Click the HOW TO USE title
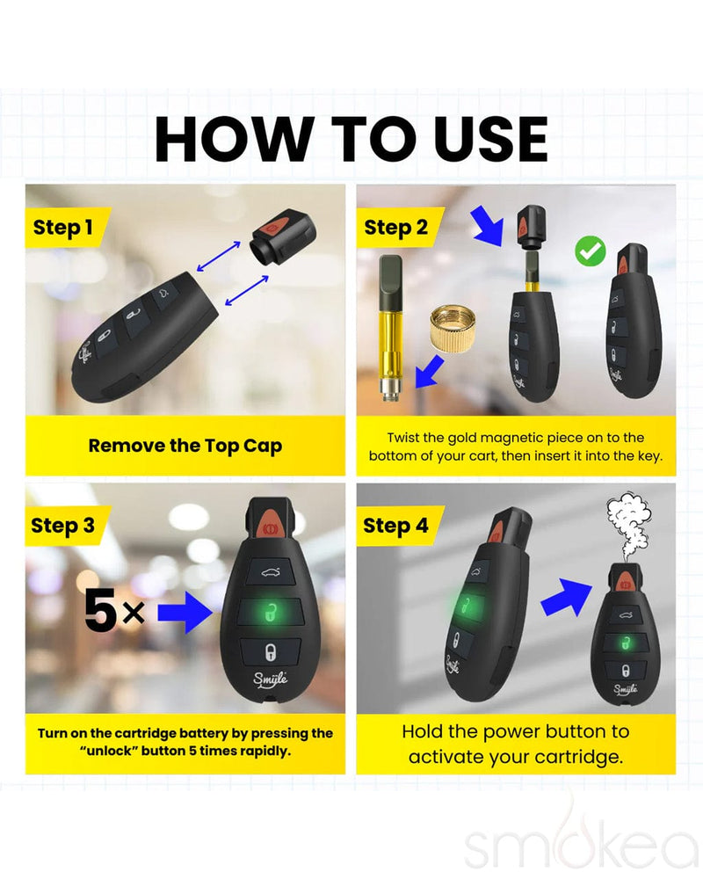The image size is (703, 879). pyautogui.click(x=351, y=138)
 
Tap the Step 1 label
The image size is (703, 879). pyautogui.click(x=63, y=228)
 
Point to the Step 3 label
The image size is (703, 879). pyautogui.click(x=63, y=526)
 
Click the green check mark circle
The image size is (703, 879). pyautogui.click(x=590, y=251)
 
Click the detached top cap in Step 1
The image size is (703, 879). pyautogui.click(x=281, y=237)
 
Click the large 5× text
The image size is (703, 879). pyautogui.click(x=114, y=613)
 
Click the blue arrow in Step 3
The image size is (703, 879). pyautogui.click(x=186, y=613)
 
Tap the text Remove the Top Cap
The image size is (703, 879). pyautogui.click(x=185, y=446)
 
